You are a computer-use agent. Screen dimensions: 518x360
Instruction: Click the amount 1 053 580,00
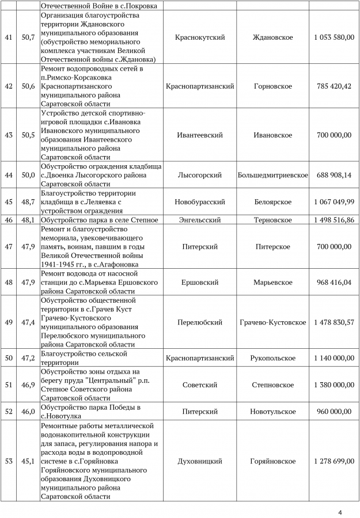(334, 37)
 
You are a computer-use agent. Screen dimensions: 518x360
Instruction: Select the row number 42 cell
(8, 86)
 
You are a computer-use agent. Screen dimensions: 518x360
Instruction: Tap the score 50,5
(28, 135)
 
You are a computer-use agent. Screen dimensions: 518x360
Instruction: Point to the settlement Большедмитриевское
(272, 175)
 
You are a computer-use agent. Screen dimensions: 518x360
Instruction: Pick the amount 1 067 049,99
(334, 202)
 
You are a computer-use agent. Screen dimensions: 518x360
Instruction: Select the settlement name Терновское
(272, 220)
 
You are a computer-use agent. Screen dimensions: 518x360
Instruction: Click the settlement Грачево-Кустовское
(272, 322)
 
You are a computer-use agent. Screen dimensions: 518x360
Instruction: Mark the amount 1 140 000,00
(334, 358)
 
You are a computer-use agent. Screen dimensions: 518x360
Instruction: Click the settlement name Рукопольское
(272, 358)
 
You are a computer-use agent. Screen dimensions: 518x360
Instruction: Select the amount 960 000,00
(334, 412)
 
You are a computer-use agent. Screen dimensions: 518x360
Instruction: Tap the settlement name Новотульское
(272, 412)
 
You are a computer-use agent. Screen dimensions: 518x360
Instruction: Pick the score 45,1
(28, 461)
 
